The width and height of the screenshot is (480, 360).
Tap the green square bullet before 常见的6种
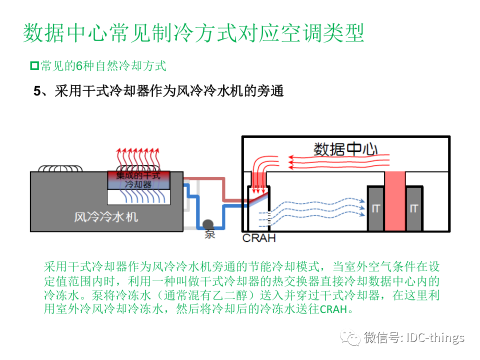click(x=34, y=65)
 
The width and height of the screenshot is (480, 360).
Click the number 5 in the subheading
click(x=37, y=91)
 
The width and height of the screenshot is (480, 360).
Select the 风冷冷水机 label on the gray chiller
click(x=106, y=216)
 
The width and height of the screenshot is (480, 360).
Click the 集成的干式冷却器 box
click(x=138, y=180)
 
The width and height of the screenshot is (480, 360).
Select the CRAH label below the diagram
click(x=259, y=238)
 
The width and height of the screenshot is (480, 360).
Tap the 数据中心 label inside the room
click(x=345, y=148)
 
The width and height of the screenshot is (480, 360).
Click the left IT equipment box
click(x=375, y=208)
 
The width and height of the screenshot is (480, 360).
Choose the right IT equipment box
click(x=413, y=208)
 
